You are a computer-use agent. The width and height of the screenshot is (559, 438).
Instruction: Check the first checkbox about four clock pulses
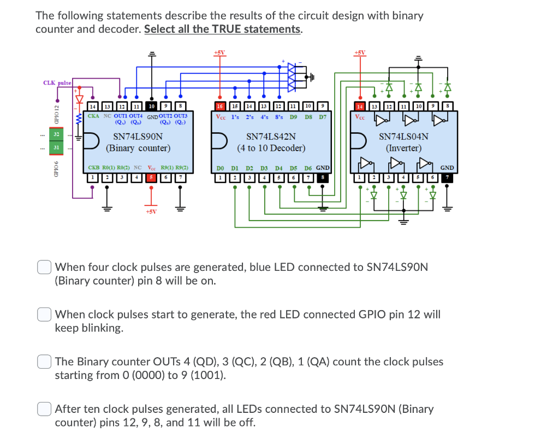[44, 268]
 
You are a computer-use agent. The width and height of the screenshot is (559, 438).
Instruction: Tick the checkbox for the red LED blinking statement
[44, 315]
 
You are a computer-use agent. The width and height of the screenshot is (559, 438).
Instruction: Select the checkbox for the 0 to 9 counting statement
[44, 362]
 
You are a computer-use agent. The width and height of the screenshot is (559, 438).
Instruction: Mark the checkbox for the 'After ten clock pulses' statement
[44, 409]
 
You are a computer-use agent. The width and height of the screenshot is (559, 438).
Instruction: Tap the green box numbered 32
[55, 134]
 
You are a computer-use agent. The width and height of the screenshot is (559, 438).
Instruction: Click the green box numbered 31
[55, 147]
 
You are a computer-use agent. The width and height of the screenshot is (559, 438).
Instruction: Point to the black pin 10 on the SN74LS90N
[152, 106]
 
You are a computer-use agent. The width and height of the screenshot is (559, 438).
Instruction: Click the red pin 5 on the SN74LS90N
[152, 178]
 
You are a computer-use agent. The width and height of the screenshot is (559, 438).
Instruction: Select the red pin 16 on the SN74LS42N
[220, 106]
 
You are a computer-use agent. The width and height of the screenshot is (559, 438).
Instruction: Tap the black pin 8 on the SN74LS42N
[323, 178]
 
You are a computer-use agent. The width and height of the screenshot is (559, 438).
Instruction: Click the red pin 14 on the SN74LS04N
[360, 106]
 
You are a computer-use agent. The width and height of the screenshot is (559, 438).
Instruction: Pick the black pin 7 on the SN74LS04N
[448, 178]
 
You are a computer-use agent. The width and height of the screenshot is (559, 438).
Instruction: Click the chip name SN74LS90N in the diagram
[138, 137]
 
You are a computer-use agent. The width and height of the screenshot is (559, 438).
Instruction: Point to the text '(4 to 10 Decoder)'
[271, 148]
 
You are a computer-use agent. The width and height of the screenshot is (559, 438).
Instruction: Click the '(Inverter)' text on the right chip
[403, 148]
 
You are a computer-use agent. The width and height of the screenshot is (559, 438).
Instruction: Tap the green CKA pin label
[94, 116]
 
